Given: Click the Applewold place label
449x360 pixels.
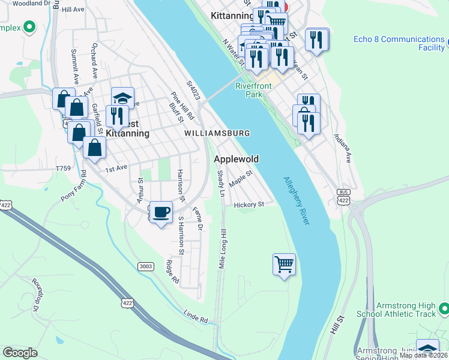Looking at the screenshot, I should [x=237, y=159].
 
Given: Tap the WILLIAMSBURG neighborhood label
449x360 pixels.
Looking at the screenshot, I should [x=217, y=133].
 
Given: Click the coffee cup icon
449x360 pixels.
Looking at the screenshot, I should [x=161, y=212].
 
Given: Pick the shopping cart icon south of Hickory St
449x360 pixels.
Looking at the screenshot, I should [x=284, y=264].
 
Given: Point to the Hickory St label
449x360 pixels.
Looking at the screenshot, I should [x=249, y=205].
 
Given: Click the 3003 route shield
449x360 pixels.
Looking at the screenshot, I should [x=145, y=266].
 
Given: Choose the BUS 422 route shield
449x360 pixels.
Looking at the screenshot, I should [x=343, y=196].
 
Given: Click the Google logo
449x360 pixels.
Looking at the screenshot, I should [x=20, y=353].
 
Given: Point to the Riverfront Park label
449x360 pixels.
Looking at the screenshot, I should [x=253, y=90].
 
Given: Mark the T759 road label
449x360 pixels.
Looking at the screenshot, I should [x=63, y=169].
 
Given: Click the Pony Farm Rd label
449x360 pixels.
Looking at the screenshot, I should [x=74, y=187].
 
